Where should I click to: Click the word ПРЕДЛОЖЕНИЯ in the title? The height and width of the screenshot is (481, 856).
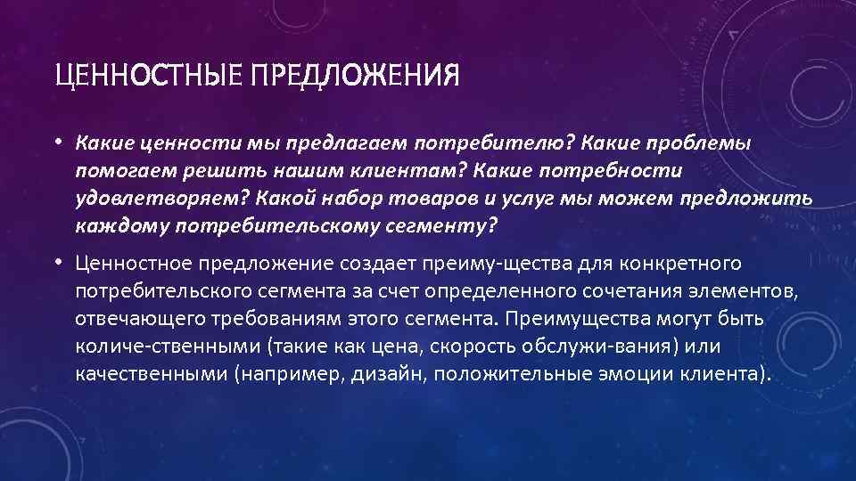[355, 74]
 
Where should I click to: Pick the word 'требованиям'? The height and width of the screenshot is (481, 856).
[266, 319]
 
